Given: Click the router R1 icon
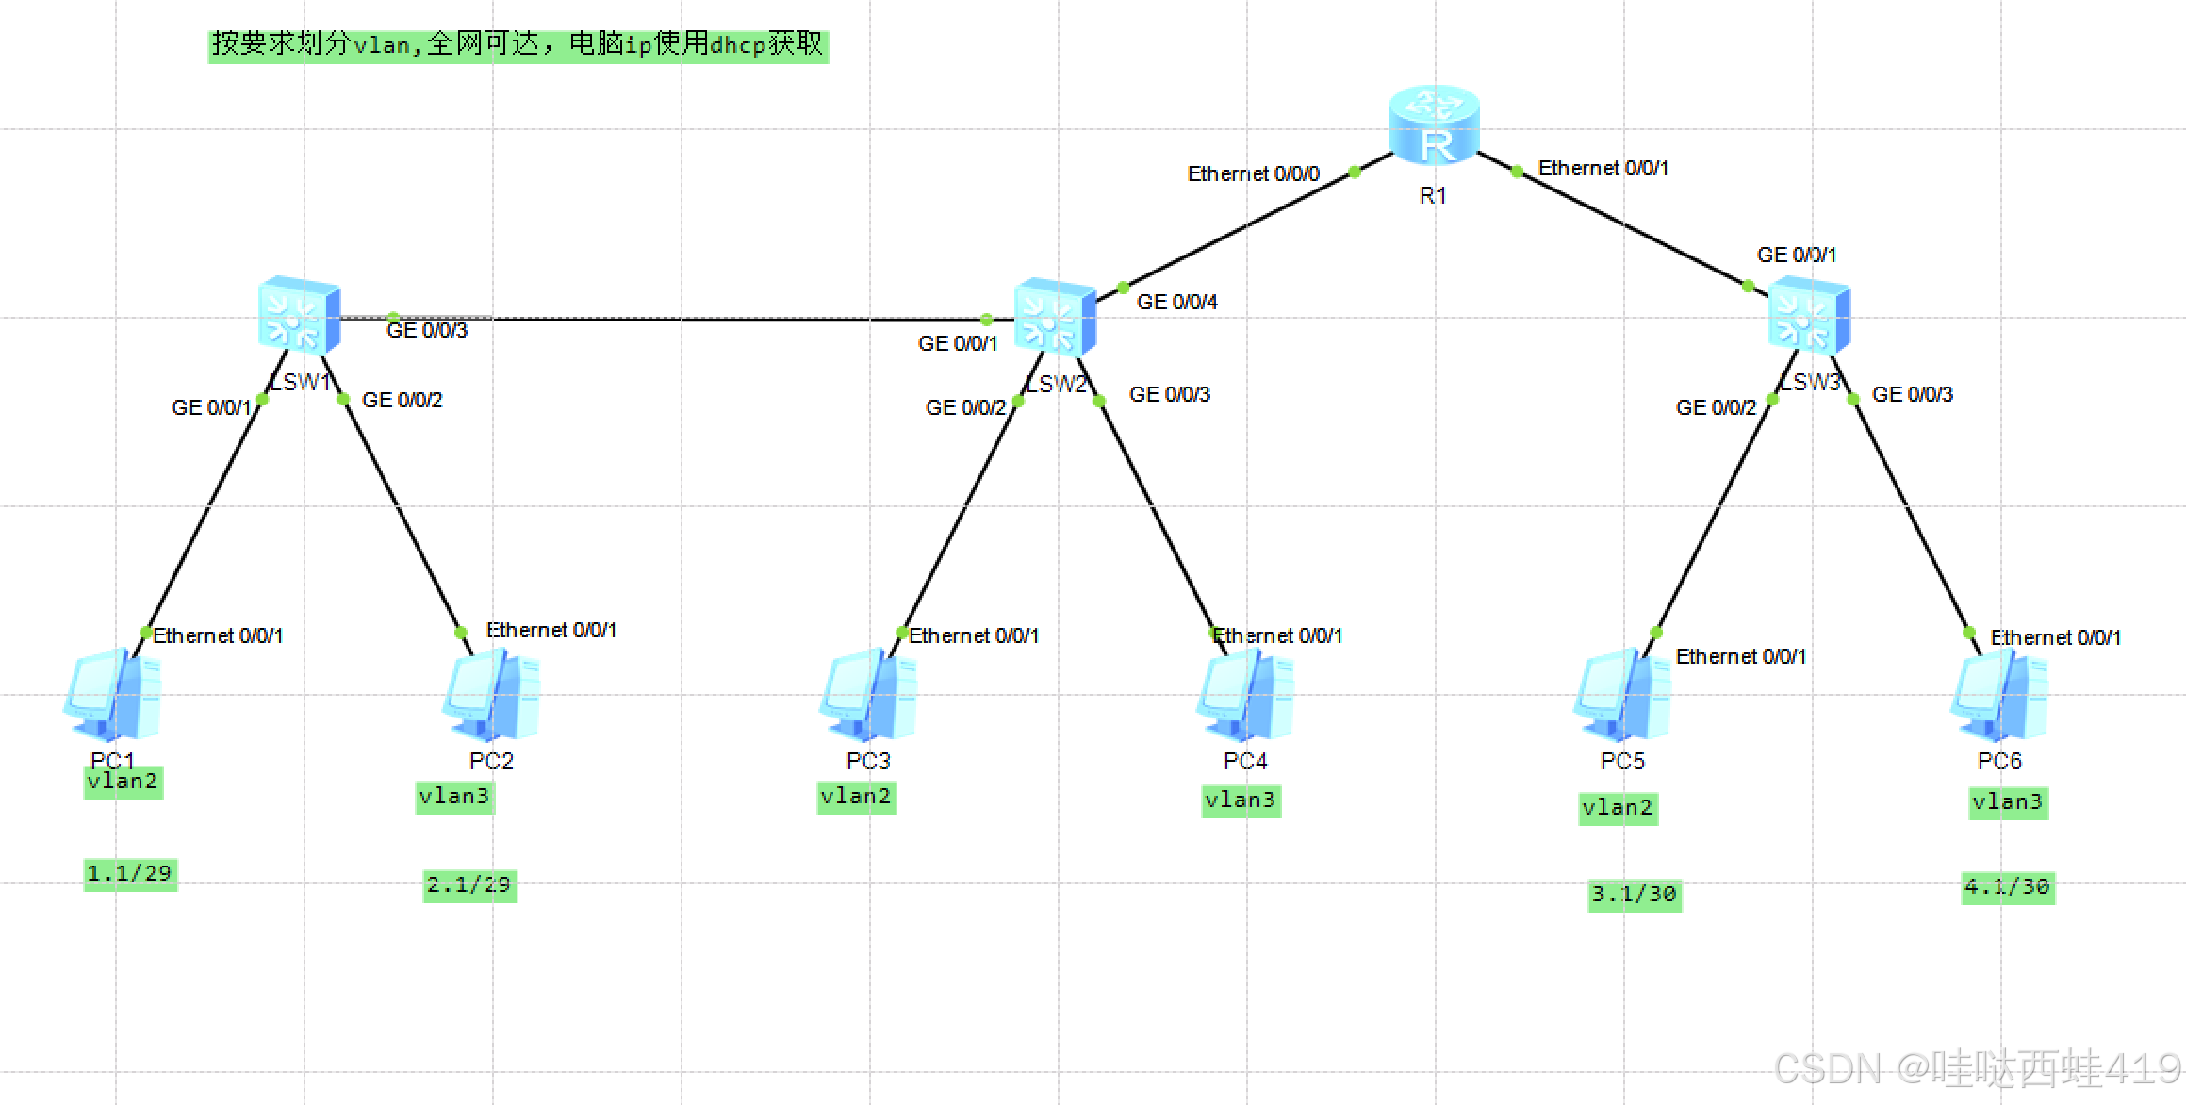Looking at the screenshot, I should (x=1434, y=124).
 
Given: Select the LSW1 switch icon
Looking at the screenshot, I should (x=299, y=315).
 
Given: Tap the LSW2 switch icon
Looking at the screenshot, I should (x=1055, y=317).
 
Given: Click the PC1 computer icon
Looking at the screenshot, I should (x=112, y=695).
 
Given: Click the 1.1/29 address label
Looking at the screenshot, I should (x=130, y=873).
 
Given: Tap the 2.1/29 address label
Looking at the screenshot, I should (x=469, y=885).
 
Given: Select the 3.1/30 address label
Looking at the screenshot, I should (x=1634, y=894).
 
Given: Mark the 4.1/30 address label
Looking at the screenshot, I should (x=2007, y=887).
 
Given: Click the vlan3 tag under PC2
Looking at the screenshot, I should (x=454, y=797).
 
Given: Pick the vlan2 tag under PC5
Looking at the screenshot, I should (x=1618, y=808).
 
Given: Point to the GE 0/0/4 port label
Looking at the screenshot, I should (x=1176, y=302).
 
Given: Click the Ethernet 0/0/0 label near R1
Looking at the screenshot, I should (x=1253, y=173).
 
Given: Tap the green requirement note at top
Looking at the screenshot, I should (x=518, y=44).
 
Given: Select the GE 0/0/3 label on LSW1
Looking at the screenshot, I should (x=427, y=330).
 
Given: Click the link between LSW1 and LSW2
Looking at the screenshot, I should (x=679, y=319).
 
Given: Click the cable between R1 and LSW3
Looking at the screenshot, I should (x=1631, y=228).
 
